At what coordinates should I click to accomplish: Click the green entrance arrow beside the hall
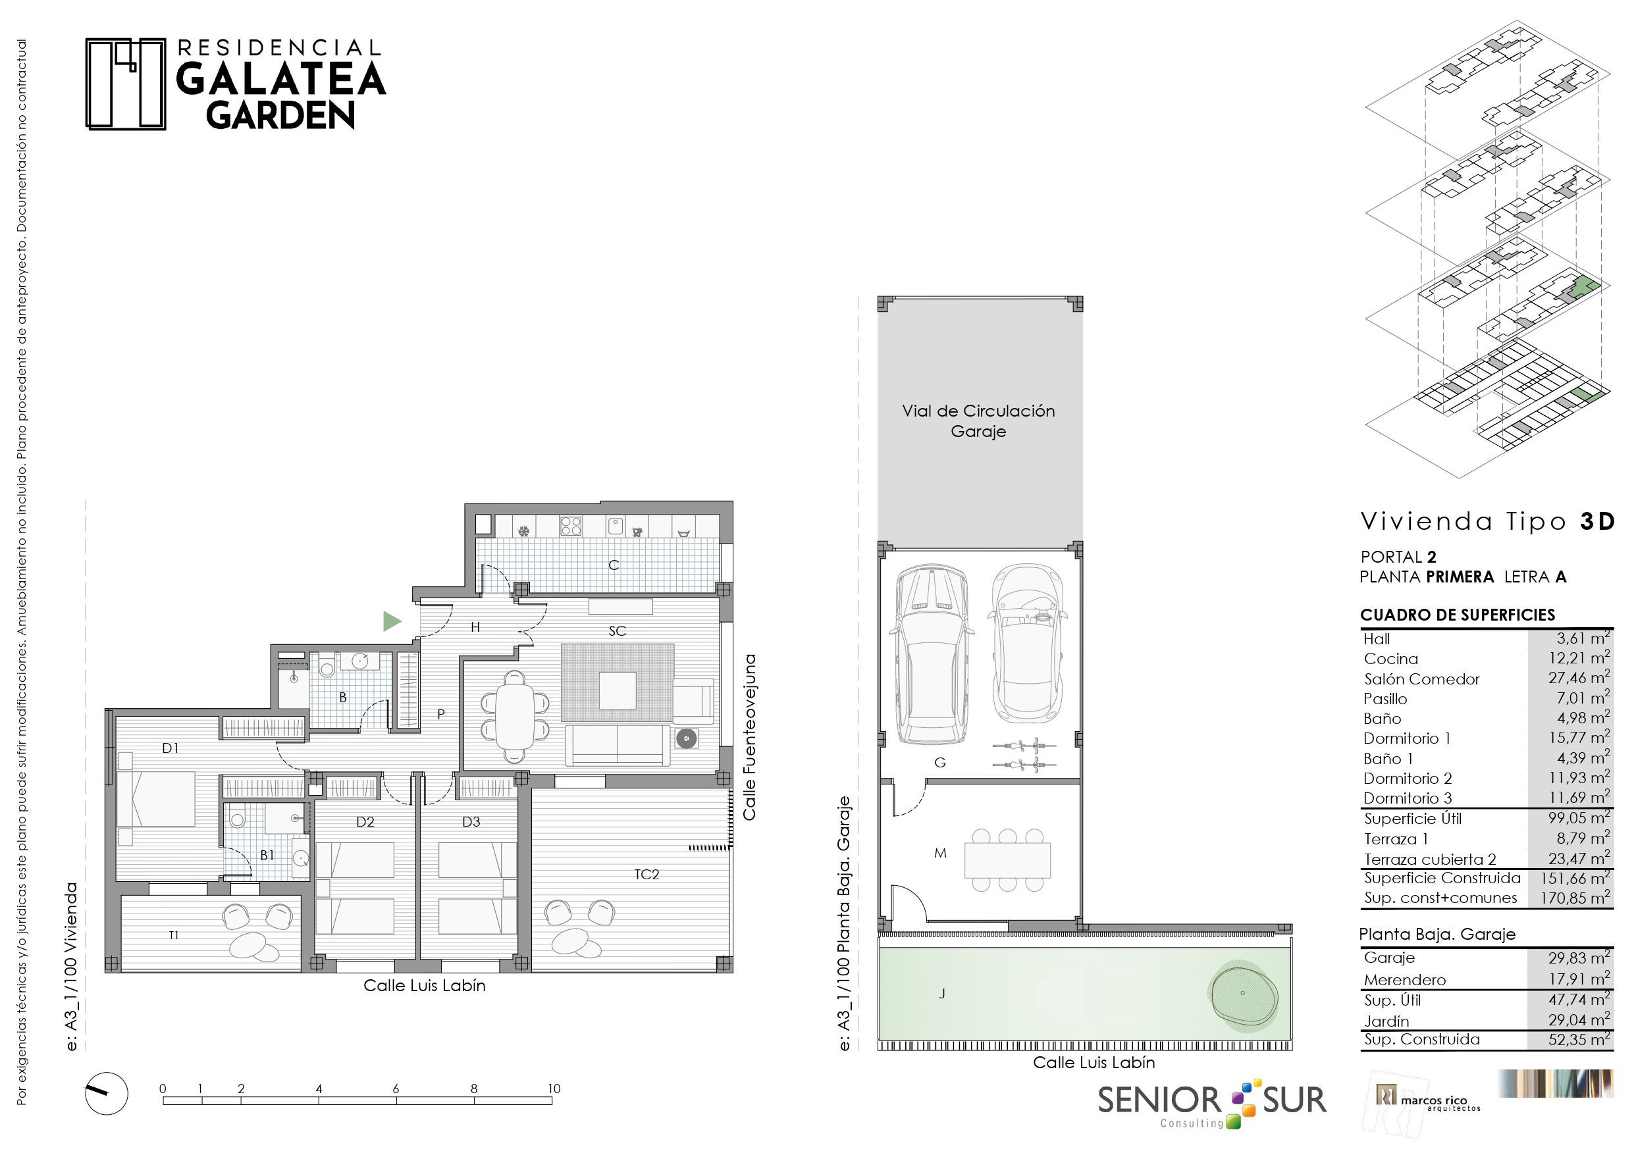[x=390, y=621]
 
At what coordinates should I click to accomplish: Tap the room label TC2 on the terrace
[x=646, y=875]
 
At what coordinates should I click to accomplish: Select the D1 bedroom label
[x=170, y=748]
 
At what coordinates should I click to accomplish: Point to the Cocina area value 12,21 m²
[x=1579, y=658]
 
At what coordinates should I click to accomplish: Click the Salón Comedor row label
[x=1421, y=679]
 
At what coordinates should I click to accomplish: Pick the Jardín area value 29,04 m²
[x=1579, y=1020]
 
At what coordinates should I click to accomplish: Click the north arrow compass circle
[x=107, y=1093]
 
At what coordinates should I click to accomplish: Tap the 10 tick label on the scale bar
[x=553, y=1088]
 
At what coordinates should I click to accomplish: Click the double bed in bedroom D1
[x=156, y=799]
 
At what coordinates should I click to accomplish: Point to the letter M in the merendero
[x=940, y=852]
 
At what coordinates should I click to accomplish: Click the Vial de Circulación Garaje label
[x=978, y=421]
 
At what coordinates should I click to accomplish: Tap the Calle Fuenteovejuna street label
[x=749, y=737]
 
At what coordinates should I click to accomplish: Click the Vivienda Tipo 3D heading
[x=1487, y=522]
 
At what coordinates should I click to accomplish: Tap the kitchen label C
[x=614, y=565]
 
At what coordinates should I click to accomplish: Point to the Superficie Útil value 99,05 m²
[x=1579, y=817]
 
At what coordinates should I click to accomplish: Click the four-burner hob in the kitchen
[x=571, y=526]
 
